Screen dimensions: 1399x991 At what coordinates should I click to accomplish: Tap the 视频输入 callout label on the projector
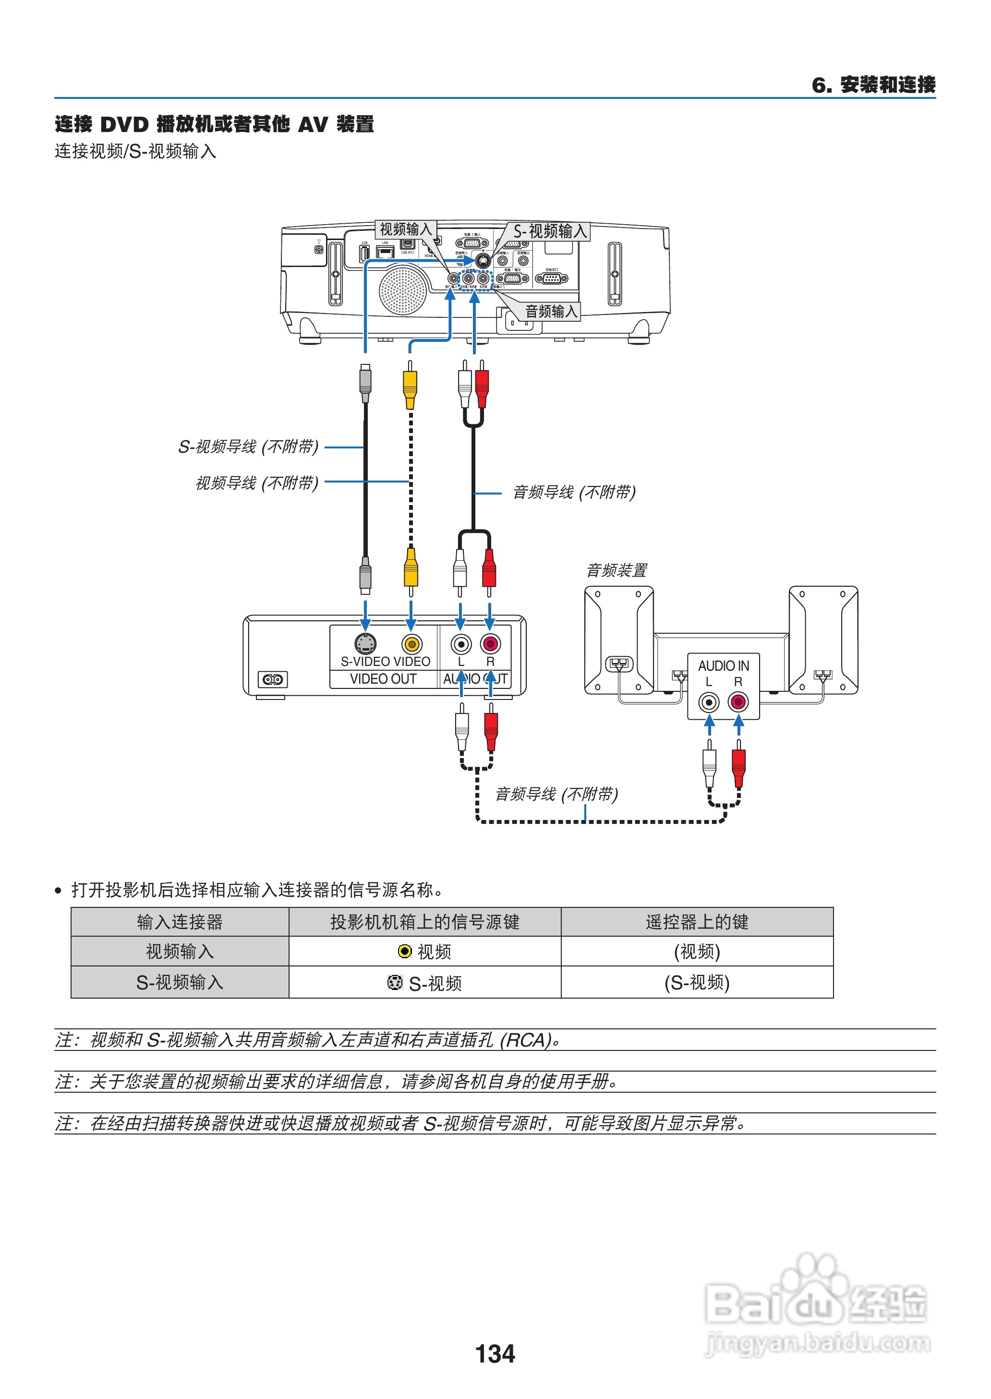click(x=405, y=229)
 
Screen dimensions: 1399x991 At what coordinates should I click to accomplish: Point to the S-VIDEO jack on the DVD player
click(x=365, y=643)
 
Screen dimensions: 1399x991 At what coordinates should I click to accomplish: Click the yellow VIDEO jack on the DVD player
click(x=412, y=644)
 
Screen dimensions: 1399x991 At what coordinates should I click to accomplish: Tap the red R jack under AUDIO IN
click(x=738, y=701)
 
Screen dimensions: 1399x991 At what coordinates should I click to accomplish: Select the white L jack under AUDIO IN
click(x=709, y=701)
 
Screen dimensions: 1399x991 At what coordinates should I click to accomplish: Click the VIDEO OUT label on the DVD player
click(x=383, y=679)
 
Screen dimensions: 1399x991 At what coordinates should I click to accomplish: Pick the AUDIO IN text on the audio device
click(x=723, y=665)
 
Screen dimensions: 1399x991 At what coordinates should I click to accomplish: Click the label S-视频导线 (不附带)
click(x=248, y=446)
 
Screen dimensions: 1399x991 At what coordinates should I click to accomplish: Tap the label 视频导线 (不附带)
click(x=256, y=483)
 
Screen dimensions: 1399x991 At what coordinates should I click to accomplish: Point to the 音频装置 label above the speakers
click(x=616, y=570)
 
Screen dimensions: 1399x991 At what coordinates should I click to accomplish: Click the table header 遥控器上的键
click(x=696, y=922)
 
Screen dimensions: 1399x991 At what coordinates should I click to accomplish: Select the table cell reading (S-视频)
click(x=696, y=982)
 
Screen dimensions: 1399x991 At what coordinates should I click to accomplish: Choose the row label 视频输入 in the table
click(x=180, y=951)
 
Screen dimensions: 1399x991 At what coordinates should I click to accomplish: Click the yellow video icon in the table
click(x=404, y=951)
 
